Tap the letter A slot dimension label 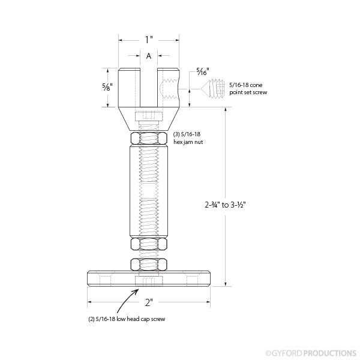coord(148,56)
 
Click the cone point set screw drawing coord(215,88)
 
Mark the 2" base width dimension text coord(148,301)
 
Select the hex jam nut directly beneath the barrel coord(148,244)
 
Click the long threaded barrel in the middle coord(148,192)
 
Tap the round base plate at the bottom coord(148,280)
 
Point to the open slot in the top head coord(148,84)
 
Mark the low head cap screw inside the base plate coord(148,281)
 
